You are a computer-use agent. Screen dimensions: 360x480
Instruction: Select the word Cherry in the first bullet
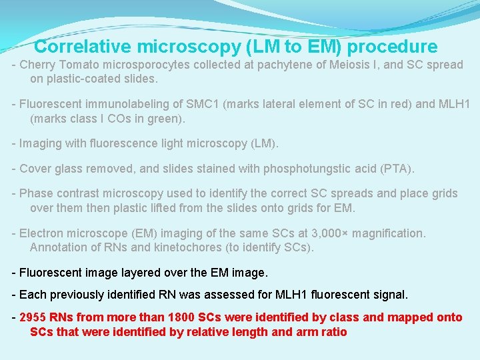click(38, 65)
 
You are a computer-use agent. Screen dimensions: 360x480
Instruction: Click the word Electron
click(43, 233)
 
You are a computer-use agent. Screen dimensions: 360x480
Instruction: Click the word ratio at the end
click(333, 331)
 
